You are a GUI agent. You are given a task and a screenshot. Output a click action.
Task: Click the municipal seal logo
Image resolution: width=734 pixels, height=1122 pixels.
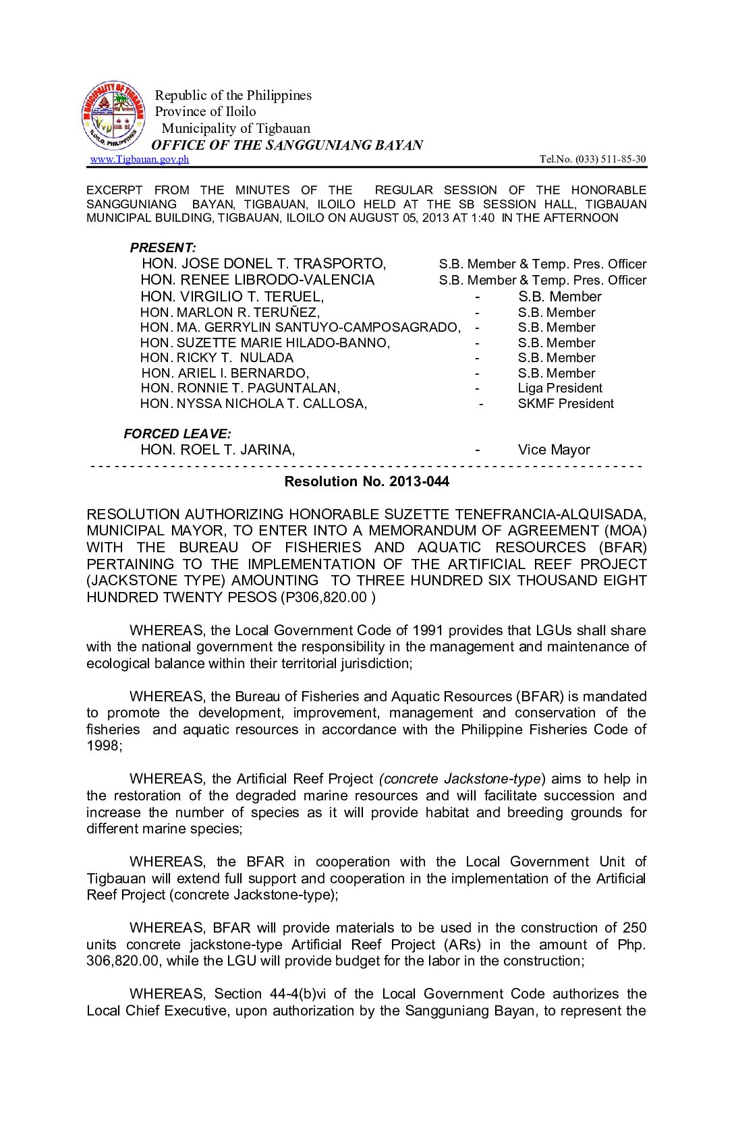click(113, 117)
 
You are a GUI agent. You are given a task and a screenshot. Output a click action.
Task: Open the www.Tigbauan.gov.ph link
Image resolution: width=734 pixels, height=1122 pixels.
click(140, 159)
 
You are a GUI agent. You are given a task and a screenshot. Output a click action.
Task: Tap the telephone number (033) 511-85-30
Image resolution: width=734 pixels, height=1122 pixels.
click(610, 159)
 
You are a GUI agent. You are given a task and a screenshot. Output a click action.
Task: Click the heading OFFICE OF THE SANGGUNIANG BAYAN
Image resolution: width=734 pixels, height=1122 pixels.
click(287, 145)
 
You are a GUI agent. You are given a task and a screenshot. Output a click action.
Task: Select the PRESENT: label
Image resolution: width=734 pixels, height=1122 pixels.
click(163, 247)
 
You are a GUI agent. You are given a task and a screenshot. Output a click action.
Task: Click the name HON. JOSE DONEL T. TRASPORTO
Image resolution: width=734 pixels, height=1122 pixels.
click(264, 264)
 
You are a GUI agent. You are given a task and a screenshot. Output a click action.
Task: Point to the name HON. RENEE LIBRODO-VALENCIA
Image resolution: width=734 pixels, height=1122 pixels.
click(257, 280)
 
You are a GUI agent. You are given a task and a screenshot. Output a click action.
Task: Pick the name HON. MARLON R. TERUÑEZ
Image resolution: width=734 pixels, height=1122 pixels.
click(230, 312)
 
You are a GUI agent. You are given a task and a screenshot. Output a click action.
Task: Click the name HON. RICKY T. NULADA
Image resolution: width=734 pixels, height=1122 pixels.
click(217, 358)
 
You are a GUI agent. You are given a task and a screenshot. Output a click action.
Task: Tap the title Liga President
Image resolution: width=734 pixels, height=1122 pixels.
click(560, 388)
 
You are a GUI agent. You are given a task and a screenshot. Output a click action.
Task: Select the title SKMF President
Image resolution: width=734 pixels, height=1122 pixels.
click(565, 404)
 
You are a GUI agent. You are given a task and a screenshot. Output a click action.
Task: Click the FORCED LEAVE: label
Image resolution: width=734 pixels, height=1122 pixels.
click(177, 434)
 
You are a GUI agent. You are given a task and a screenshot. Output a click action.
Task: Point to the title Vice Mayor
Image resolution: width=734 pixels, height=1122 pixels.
click(554, 450)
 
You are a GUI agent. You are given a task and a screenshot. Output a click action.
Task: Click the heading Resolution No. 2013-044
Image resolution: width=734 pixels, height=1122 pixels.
click(366, 481)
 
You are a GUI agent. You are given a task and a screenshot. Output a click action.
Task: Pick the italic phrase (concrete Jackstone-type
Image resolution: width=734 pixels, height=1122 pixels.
click(461, 779)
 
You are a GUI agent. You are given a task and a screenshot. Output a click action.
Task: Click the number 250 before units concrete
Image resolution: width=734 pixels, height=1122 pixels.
click(634, 928)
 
